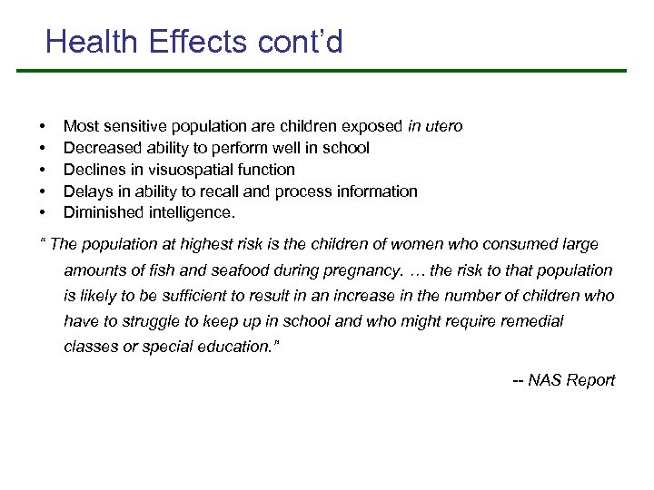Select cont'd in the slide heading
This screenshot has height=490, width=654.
pyautogui.click(x=306, y=42)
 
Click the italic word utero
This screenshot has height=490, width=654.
pyautogui.click(x=442, y=126)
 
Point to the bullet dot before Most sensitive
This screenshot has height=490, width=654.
pyautogui.click(x=42, y=127)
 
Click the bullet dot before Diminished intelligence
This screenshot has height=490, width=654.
pyautogui.click(x=42, y=214)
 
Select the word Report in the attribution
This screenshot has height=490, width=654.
pyautogui.click(x=590, y=380)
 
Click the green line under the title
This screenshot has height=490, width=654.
pyautogui.click(x=336, y=71)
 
